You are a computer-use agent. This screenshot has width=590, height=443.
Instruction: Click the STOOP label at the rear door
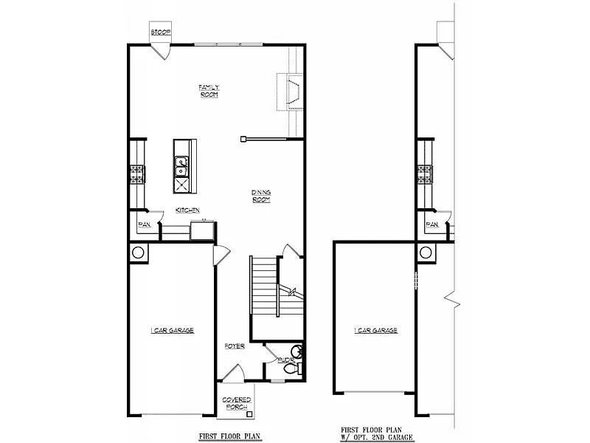[160, 32]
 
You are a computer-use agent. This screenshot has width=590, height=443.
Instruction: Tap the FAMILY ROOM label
[209, 91]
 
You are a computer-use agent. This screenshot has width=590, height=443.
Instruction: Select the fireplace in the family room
[291, 92]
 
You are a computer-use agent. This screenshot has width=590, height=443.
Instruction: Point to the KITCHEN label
[187, 210]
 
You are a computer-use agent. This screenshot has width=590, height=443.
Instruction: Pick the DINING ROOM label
[261, 196]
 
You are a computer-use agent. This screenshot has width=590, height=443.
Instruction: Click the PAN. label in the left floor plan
[144, 224]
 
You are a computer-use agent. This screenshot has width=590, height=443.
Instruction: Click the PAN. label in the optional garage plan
[431, 224]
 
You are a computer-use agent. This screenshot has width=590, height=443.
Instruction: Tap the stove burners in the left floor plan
[136, 174]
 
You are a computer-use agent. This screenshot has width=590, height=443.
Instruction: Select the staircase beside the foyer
[263, 284]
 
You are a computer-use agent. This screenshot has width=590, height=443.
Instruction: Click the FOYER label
[235, 346]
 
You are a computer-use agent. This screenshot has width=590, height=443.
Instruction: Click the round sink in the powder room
[296, 351]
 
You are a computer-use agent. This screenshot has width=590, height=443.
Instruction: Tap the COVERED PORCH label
[237, 403]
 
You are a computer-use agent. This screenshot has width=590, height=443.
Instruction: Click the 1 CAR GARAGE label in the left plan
[171, 331]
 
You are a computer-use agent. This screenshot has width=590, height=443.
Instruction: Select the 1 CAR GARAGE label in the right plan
[375, 331]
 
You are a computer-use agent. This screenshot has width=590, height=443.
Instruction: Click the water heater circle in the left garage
[138, 253]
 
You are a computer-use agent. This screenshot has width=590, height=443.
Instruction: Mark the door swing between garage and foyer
[220, 254]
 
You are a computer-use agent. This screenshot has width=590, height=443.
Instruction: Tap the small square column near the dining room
[243, 137]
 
